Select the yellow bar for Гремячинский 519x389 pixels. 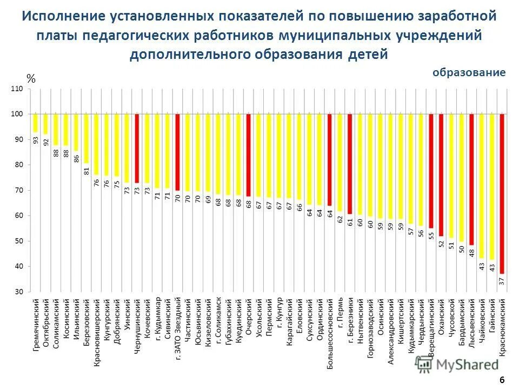click(x=36, y=123)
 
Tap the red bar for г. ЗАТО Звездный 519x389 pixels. click(x=177, y=152)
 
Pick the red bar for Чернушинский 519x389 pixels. click(x=137, y=148)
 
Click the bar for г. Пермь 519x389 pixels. click(x=340, y=162)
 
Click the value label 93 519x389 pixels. click(x=36, y=140)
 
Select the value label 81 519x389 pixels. click(x=86, y=171)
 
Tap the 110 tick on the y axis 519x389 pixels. click(x=17, y=89)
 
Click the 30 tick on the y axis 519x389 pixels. click(x=19, y=292)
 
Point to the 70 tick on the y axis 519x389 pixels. click(x=19, y=190)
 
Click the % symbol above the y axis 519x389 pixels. click(x=31, y=79)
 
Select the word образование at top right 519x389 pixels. click(x=469, y=72)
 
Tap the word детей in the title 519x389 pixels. click(x=369, y=55)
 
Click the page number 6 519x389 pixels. click(x=502, y=380)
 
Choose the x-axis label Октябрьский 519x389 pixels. click(x=46, y=323)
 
